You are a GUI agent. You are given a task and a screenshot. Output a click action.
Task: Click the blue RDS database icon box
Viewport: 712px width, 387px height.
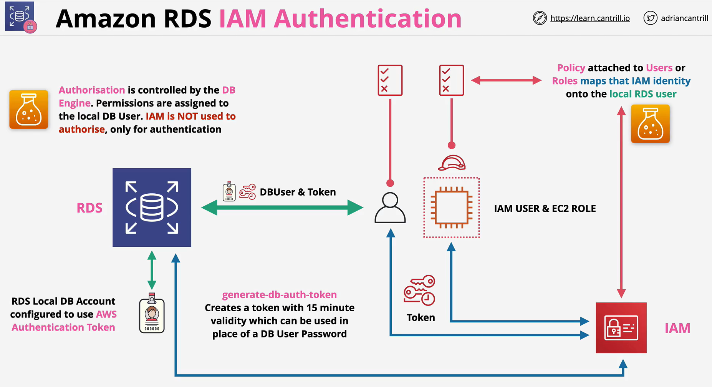(x=152, y=208)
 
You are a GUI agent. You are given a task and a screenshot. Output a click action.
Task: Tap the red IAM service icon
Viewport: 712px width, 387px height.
(x=621, y=328)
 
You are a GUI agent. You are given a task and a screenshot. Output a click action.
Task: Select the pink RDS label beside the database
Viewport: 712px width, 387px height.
(x=89, y=208)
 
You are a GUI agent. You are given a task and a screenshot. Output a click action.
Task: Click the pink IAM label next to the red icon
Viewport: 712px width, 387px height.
(x=677, y=328)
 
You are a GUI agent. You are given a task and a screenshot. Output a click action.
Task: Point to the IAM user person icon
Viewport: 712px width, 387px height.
(x=390, y=208)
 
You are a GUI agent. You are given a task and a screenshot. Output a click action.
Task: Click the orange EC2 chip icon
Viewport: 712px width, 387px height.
(x=452, y=208)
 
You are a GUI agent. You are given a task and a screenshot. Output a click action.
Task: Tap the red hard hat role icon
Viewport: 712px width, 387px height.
(x=452, y=163)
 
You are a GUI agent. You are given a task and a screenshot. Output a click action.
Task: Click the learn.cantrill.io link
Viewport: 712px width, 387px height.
(x=590, y=18)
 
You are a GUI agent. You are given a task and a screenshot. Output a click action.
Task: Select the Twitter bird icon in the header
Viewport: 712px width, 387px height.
(x=650, y=18)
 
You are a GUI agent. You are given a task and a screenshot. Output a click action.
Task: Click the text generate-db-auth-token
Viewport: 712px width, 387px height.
(x=280, y=295)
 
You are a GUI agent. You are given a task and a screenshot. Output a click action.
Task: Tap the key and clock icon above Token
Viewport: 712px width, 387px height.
(x=419, y=290)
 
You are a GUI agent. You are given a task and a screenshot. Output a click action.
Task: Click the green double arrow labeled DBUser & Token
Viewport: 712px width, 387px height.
(x=282, y=208)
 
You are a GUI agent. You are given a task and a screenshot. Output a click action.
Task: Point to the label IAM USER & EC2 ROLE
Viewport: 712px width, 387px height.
(x=545, y=209)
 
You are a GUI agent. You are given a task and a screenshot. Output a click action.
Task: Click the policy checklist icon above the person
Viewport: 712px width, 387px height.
(x=390, y=80)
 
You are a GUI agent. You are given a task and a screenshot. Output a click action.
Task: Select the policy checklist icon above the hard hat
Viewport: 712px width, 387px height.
(x=452, y=80)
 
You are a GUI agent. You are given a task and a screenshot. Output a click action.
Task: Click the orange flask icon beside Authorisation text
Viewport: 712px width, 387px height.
(x=29, y=110)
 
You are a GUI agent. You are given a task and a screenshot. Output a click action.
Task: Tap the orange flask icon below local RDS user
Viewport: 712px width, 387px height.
(x=650, y=124)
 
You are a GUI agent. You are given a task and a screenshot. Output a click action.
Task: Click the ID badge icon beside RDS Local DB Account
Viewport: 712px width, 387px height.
(x=152, y=313)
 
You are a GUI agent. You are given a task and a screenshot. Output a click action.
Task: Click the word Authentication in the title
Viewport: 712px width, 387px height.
(x=368, y=18)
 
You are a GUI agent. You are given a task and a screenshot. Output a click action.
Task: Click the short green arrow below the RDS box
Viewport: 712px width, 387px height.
(x=152, y=270)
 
